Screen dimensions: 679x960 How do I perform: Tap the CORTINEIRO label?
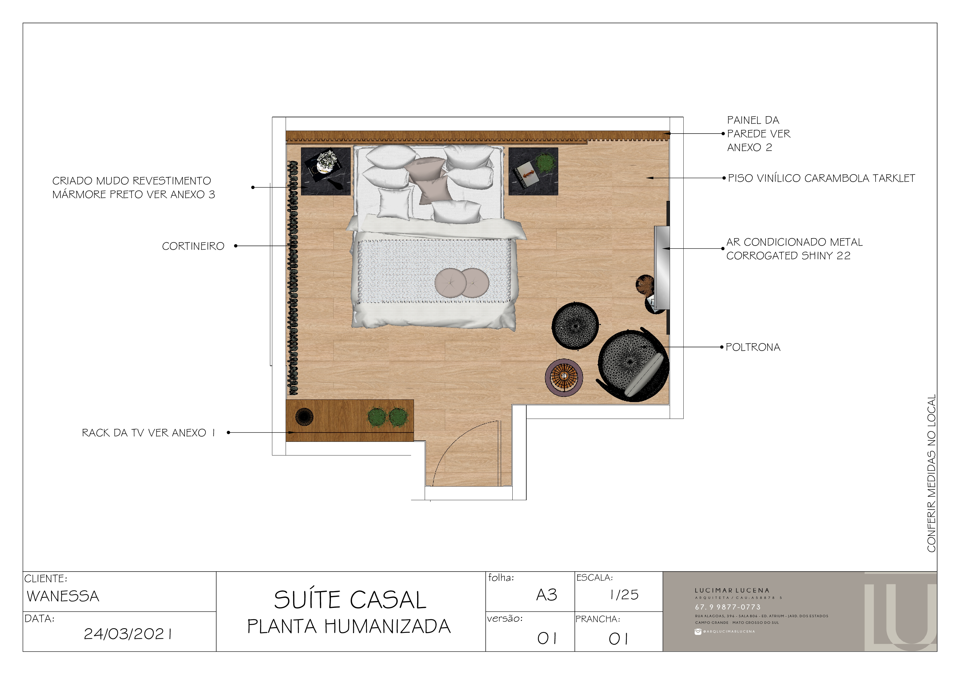(193, 246)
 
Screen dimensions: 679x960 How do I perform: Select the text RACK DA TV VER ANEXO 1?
(148, 433)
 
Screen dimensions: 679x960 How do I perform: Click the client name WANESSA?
(63, 596)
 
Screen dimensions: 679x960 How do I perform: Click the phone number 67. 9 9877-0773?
(727, 607)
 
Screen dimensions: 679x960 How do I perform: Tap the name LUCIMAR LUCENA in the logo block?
(732, 591)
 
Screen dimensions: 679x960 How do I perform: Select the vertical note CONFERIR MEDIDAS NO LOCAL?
(931, 473)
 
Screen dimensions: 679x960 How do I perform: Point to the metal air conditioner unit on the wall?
(662, 268)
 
